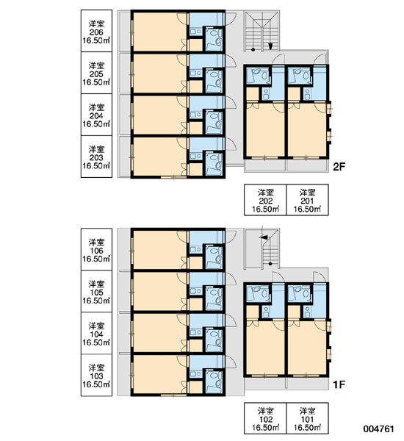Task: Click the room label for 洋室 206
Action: click(96, 31)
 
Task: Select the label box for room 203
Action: click(96, 157)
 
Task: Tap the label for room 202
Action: click(265, 200)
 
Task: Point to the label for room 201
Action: click(307, 200)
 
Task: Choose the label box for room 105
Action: click(96, 291)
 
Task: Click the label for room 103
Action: click(96, 375)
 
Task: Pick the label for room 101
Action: click(307, 418)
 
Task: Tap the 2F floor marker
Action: click(339, 167)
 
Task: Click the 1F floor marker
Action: click(339, 384)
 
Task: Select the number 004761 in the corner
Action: click(379, 429)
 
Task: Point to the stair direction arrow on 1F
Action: click(264, 237)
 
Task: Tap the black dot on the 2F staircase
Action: click(253, 50)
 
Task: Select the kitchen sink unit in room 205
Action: click(195, 73)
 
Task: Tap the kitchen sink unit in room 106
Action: click(195, 249)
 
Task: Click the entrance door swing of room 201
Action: click(320, 60)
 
